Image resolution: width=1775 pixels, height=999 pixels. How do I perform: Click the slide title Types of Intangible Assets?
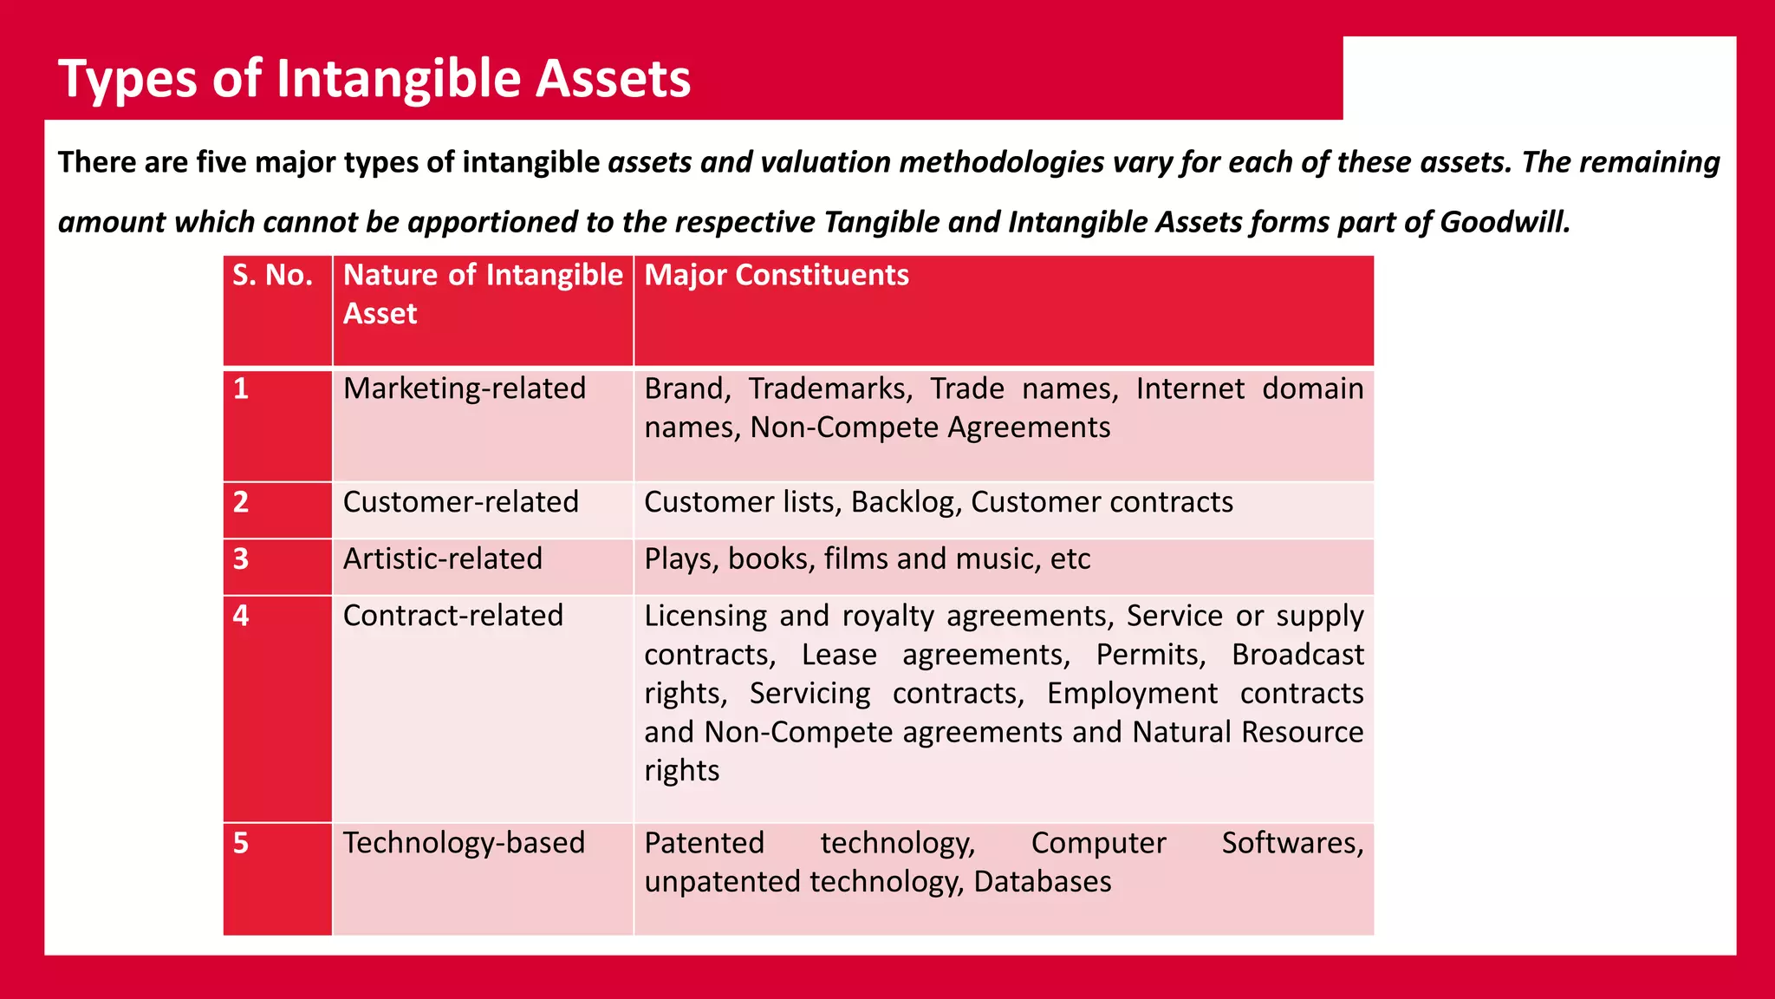pyautogui.click(x=374, y=79)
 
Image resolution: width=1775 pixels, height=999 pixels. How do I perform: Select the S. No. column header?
pyautogui.click(x=272, y=276)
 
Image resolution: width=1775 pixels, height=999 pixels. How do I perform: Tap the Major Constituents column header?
pyautogui.click(x=776, y=276)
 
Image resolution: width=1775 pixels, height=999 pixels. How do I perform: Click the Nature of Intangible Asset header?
pyautogui.click(x=482, y=294)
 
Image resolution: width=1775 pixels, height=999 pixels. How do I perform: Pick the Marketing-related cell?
pyautogui.click(x=465, y=388)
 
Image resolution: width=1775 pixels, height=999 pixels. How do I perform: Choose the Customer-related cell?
pyautogui.click(x=460, y=502)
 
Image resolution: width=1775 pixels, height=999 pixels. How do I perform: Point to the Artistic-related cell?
pyautogui.click(x=442, y=558)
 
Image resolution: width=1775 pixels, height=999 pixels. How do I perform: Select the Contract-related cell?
pyautogui.click(x=452, y=616)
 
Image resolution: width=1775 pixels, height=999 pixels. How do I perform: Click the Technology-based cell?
pyautogui.click(x=464, y=843)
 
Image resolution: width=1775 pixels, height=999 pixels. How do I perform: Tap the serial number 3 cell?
pyautogui.click(x=242, y=559)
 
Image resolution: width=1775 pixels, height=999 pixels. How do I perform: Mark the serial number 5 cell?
pyautogui.click(x=242, y=844)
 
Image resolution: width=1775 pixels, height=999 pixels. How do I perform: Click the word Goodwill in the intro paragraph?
pyautogui.click(x=1505, y=223)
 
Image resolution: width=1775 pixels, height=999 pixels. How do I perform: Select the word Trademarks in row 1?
pyautogui.click(x=829, y=388)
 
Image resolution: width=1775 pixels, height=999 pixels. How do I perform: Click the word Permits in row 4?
pyautogui.click(x=1150, y=655)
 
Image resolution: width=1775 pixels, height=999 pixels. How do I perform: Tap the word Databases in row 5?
pyautogui.click(x=1042, y=882)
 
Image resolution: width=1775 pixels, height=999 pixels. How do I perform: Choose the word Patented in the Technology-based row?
pyautogui.click(x=704, y=843)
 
